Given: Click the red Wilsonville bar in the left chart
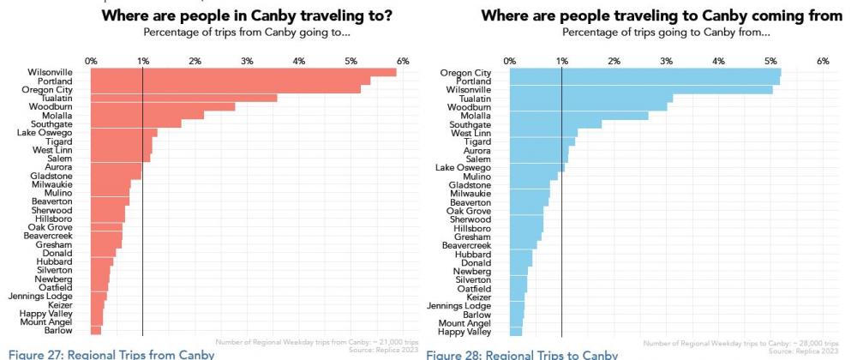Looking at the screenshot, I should pyautogui.click(x=243, y=72).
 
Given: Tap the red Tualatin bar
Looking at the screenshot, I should pyautogui.click(x=183, y=98).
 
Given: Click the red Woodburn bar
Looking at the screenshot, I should pyautogui.click(x=162, y=106).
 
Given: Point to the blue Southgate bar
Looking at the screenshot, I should pyautogui.click(x=555, y=124).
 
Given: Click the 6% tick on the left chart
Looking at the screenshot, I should pyautogui.click(x=403, y=61).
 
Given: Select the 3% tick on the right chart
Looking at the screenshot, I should pyautogui.click(x=666, y=61).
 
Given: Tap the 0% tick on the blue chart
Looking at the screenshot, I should pyautogui.click(x=509, y=61).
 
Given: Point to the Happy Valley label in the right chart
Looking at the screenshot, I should pyautogui.click(x=464, y=331).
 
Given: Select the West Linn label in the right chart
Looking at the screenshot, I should pyautogui.click(x=470, y=133).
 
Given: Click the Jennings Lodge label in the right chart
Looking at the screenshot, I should pyautogui.click(x=464, y=305).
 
